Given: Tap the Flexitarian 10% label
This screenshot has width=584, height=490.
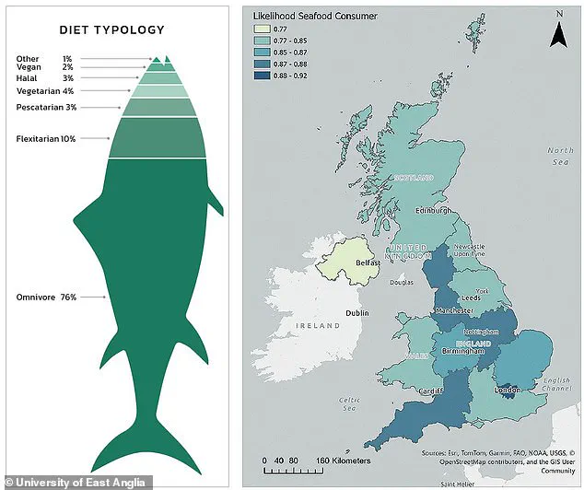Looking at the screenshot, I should point(46,139).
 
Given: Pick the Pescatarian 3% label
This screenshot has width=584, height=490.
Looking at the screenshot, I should point(46,108).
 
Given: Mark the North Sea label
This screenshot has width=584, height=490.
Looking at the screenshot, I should point(559,156).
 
